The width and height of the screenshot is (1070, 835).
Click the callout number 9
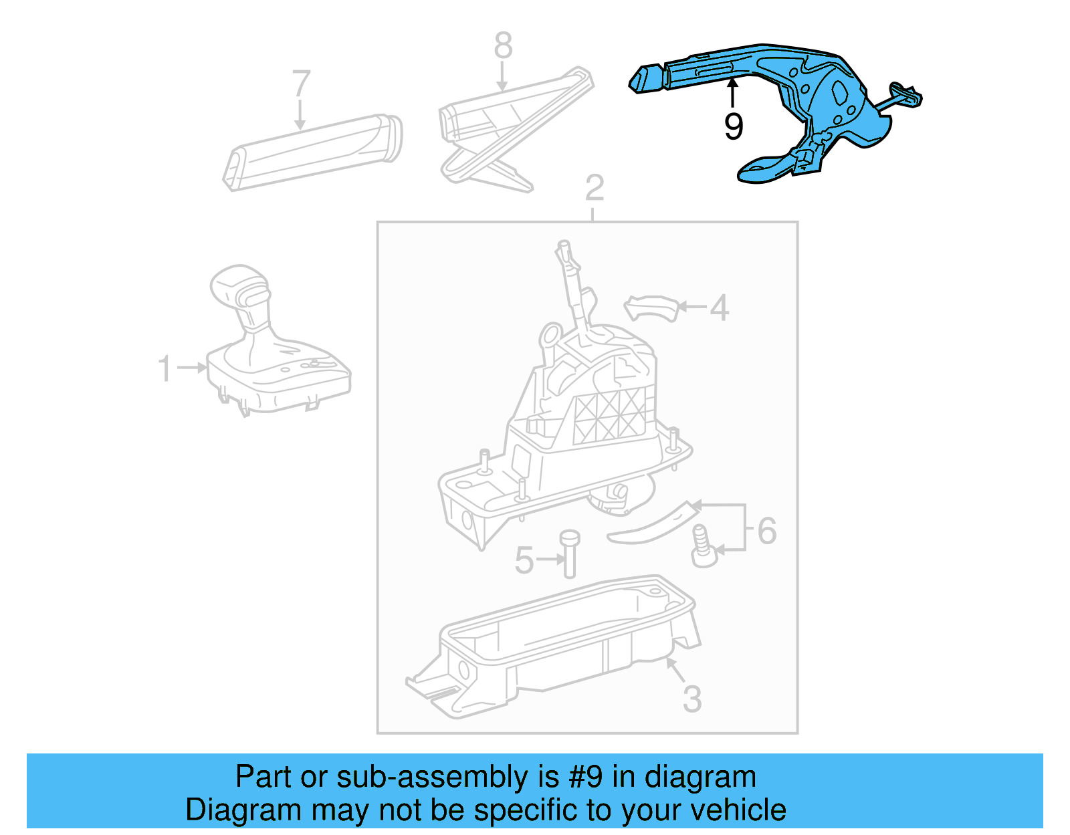733,126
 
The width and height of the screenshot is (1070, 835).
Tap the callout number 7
302,83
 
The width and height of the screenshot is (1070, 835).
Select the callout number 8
504,45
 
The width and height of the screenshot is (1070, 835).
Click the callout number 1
165,368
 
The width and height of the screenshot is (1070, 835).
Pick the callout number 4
720,308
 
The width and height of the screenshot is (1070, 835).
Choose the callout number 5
524,560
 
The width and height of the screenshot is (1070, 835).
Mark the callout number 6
766,531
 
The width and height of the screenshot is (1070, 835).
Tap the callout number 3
692,699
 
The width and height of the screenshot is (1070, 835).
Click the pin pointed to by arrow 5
570,554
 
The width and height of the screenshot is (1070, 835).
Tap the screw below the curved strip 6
703,546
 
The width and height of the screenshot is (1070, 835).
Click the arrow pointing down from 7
300,114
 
